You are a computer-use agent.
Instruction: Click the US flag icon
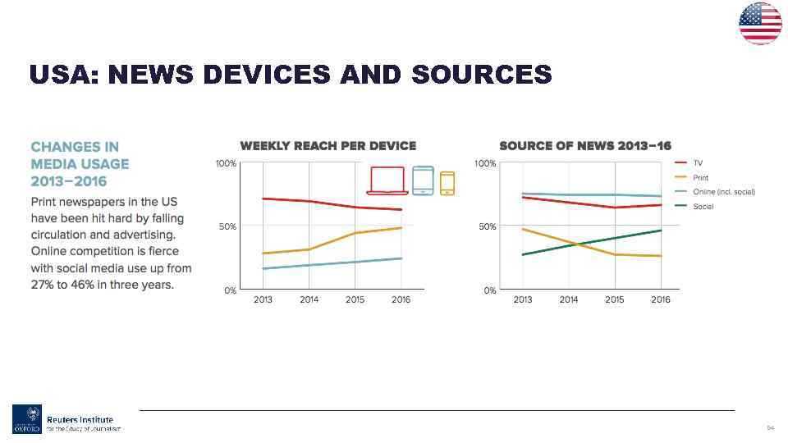tap(760, 23)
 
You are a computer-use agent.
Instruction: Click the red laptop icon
tap(387, 180)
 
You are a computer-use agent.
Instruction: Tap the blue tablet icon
tap(423, 180)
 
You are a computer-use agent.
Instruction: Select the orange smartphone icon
tap(447, 183)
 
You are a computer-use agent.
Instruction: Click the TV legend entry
tap(698, 163)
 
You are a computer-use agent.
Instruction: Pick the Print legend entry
tap(700, 177)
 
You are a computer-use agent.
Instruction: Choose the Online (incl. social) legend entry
tap(723, 192)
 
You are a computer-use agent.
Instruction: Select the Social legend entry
tap(703, 207)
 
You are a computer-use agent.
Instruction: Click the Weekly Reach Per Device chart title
tap(328, 146)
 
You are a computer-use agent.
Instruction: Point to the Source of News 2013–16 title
tap(585, 146)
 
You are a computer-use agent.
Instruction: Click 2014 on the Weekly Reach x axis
tap(309, 300)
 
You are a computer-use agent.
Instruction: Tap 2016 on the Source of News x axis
tap(661, 300)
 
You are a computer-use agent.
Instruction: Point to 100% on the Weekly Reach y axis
tap(226, 164)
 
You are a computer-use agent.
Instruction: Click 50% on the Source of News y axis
tap(487, 226)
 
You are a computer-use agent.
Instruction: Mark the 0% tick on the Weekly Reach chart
tap(230, 290)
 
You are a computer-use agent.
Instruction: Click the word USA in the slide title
tap(64, 75)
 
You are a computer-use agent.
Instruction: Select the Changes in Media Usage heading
tap(80, 164)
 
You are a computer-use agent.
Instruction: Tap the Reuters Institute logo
tap(66, 419)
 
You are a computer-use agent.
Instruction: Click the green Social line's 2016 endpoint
tap(661, 231)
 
